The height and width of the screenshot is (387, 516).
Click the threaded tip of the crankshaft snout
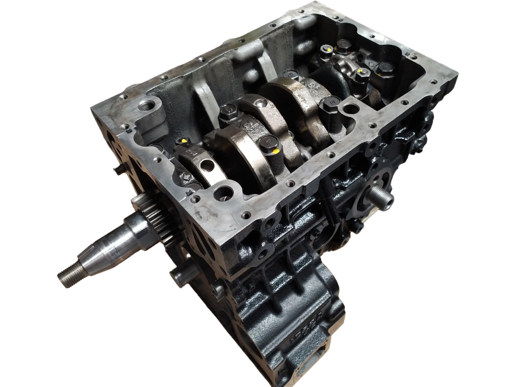pyautogui.click(x=66, y=275)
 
